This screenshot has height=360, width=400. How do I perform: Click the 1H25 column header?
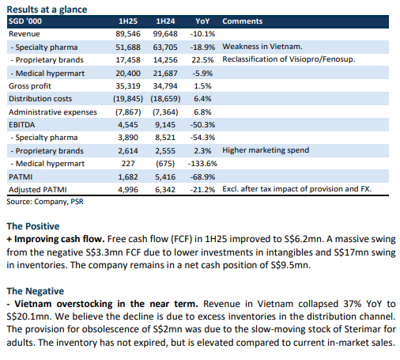(x=128, y=21)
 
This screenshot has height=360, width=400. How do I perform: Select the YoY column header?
(x=202, y=21)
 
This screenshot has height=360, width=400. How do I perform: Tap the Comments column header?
(x=242, y=21)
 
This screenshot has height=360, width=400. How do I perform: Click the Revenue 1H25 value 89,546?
(x=128, y=34)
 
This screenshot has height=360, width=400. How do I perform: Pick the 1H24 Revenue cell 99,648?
(x=165, y=34)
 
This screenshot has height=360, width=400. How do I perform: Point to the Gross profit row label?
(x=30, y=86)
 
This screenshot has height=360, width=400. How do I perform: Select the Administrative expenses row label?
(x=53, y=112)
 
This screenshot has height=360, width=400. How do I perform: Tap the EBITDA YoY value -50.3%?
(x=202, y=125)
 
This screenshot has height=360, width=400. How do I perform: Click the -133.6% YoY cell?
(x=202, y=164)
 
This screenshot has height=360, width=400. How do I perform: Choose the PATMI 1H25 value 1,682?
(x=128, y=176)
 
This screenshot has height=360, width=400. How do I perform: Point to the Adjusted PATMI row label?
(x=38, y=190)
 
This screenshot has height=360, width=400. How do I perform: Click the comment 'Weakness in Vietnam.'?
(x=262, y=47)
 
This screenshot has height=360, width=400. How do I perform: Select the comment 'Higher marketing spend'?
(x=266, y=150)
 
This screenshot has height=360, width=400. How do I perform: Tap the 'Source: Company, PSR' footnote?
(x=45, y=202)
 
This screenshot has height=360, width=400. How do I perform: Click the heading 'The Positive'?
(x=33, y=226)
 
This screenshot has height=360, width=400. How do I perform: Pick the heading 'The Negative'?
(x=36, y=291)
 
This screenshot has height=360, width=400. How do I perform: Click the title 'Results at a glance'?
(x=47, y=9)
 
